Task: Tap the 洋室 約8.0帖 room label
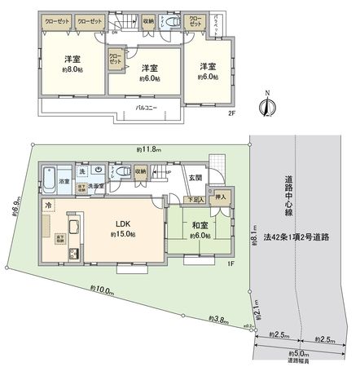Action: pyautogui.click(x=71, y=64)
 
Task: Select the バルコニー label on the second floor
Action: pyautogui.click(x=147, y=107)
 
